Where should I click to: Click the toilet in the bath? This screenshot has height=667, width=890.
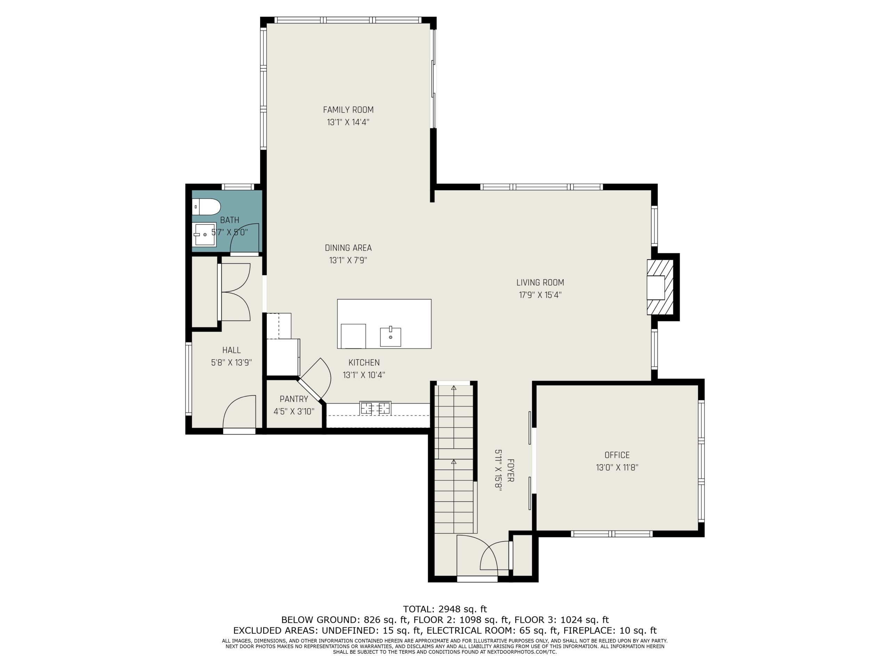point(207,208)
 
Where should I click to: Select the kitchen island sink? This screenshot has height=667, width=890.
point(390,336)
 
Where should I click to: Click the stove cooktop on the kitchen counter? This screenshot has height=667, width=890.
point(375,408)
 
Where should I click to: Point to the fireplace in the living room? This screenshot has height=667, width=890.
point(660,287)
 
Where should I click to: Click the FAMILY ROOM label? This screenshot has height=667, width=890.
point(348,110)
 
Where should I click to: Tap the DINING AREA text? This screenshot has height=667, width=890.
point(348,248)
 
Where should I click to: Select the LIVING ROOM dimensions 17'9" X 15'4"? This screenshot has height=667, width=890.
point(540,295)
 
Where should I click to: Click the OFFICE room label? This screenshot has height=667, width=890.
point(617,455)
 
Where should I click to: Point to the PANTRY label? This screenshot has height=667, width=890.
point(294,399)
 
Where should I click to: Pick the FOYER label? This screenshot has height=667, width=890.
point(510,470)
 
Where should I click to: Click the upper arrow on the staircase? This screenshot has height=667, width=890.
point(454,388)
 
